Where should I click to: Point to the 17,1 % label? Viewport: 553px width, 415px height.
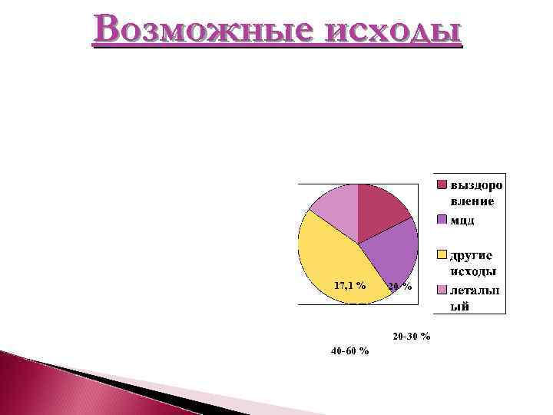349,285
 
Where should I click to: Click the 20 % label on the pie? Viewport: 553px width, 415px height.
399,287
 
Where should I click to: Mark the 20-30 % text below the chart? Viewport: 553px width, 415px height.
411,337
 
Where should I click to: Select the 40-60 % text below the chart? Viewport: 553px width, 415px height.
349,351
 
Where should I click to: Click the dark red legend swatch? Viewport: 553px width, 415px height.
442,185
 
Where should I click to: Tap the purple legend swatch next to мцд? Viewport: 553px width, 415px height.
442,220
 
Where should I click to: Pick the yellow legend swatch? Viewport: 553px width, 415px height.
442,254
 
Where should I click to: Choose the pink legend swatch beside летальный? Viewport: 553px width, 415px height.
442,290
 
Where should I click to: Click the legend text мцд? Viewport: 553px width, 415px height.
462,220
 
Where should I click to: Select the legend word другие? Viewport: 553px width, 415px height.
472,255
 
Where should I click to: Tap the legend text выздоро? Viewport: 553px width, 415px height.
477,185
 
